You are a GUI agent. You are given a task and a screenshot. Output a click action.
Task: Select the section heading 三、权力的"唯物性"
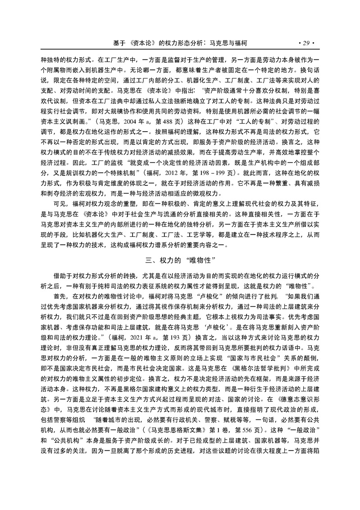(x=180, y=260)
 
